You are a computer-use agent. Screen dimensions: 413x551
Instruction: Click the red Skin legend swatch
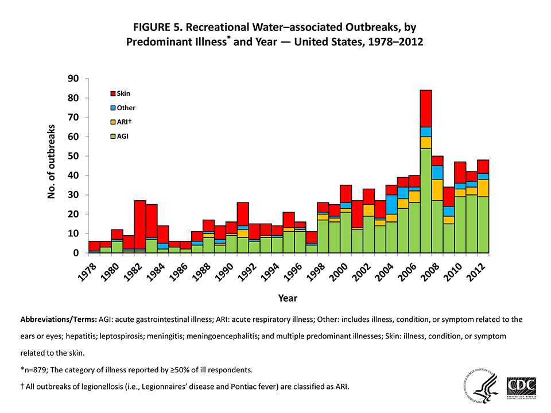coord(112,93)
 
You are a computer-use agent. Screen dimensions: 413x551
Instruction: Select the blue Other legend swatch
coord(112,107)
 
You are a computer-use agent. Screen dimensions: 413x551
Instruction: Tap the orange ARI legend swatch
coord(112,122)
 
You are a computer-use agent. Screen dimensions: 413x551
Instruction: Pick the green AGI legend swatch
coord(112,137)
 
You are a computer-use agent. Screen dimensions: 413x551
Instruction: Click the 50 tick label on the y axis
coord(74,156)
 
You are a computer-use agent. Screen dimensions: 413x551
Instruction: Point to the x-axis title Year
coord(287,298)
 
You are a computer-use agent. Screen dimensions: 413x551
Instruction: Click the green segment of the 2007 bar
coord(425,200)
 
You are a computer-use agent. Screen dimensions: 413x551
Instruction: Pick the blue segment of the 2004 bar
coord(391,204)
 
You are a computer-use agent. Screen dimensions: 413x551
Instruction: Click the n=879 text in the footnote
coord(34,368)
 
